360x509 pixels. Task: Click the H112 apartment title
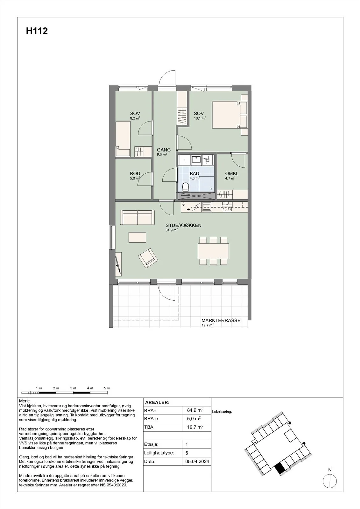point(37,31)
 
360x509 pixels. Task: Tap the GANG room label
point(164,150)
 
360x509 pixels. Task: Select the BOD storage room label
point(135,174)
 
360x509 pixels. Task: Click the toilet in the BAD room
point(186,188)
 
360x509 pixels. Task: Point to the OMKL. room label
point(232,174)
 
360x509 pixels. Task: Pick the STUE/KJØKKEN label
point(183,226)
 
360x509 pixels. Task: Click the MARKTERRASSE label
point(221,320)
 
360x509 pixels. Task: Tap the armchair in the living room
point(148,258)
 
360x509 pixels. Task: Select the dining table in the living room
point(213,251)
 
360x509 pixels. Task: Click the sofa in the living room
point(137,218)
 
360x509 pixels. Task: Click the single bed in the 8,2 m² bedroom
point(123,139)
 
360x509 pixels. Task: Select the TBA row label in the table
point(149,427)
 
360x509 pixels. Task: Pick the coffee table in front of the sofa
point(138,237)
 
